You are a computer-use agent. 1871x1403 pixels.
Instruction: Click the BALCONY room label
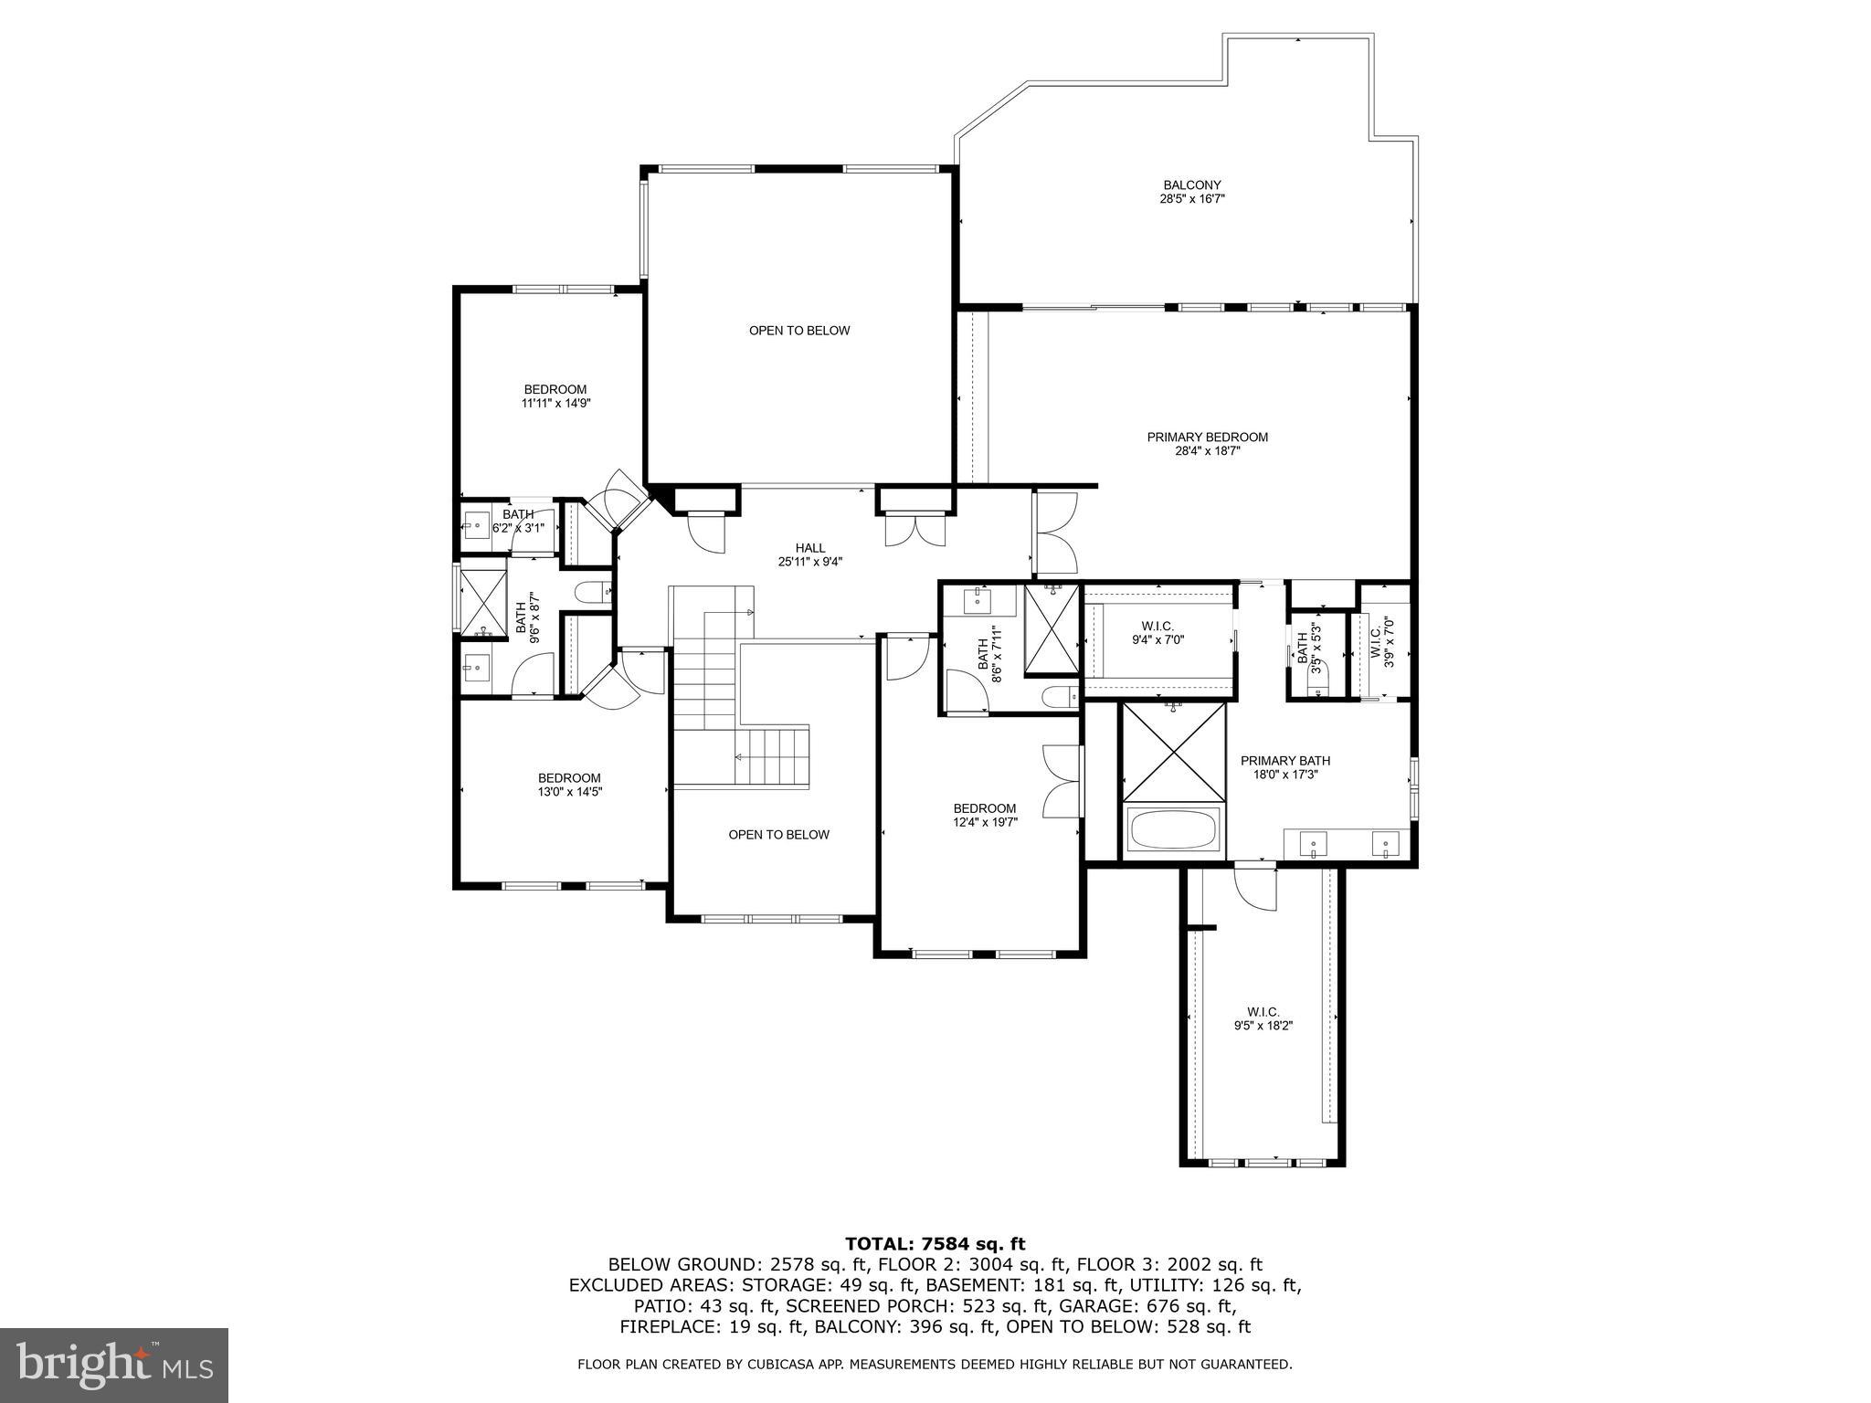click(1192, 191)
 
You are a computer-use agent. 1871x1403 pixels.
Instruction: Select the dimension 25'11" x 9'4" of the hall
click(809, 563)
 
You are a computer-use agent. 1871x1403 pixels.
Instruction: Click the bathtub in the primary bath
click(1173, 829)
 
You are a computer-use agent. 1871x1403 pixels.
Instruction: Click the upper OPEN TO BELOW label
click(799, 331)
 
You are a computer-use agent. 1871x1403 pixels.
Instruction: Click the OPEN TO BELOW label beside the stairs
click(778, 835)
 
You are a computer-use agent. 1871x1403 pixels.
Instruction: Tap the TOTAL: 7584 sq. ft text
click(935, 1244)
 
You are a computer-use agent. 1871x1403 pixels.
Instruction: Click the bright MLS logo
click(114, 1365)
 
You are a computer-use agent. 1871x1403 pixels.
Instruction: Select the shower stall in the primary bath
click(1173, 753)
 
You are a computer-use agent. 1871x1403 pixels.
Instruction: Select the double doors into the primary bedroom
click(1056, 533)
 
